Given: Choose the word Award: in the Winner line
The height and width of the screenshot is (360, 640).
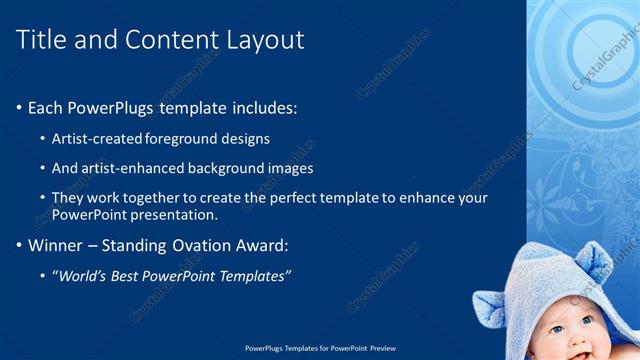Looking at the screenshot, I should point(262,245).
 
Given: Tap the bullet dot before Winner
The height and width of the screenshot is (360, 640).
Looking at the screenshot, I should point(19,245).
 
